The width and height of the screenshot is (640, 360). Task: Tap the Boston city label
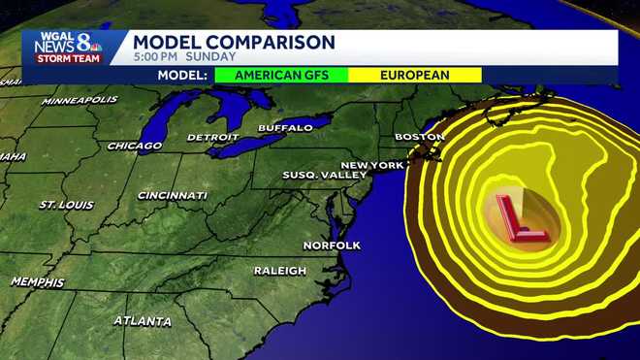[x=419, y=137]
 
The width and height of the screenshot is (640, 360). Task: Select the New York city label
[x=371, y=165]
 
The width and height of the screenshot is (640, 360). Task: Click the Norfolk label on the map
[x=332, y=245]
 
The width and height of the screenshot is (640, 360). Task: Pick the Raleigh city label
[x=280, y=271]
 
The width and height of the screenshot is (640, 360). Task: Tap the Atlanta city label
[x=143, y=321]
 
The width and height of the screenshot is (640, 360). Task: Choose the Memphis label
[x=37, y=282]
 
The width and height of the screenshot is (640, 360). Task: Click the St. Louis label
[x=65, y=206]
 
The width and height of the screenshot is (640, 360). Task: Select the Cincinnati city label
[x=173, y=196]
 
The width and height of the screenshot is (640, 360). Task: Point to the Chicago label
[x=135, y=147]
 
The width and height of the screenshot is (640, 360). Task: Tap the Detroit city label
[x=212, y=138]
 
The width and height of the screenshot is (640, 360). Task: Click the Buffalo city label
[x=285, y=128]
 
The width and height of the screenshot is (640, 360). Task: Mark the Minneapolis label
[x=80, y=100]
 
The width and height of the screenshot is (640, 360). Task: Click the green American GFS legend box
[x=281, y=75]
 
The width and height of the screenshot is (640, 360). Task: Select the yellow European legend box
[x=415, y=75]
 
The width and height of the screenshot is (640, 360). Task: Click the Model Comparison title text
[x=234, y=42]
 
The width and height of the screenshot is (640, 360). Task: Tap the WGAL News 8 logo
[x=68, y=48]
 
